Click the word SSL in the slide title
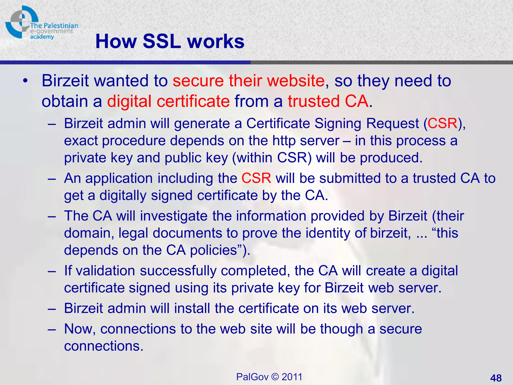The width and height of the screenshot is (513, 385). click(x=162, y=41)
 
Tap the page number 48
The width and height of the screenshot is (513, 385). click(x=496, y=378)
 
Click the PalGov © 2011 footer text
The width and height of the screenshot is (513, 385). click(x=269, y=377)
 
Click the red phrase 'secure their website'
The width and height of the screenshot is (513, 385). click(x=248, y=81)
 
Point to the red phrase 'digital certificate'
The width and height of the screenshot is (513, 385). click(x=168, y=101)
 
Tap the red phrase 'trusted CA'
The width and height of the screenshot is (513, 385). click(x=328, y=101)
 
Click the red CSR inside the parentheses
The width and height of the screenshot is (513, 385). click(x=443, y=123)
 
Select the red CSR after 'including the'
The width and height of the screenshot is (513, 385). click(x=256, y=178)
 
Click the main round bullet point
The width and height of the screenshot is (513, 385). click(x=25, y=81)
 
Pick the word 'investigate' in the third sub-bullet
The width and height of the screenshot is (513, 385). click(x=174, y=216)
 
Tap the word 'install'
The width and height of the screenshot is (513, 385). click(x=192, y=308)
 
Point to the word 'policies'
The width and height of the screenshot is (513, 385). click(x=214, y=250)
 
